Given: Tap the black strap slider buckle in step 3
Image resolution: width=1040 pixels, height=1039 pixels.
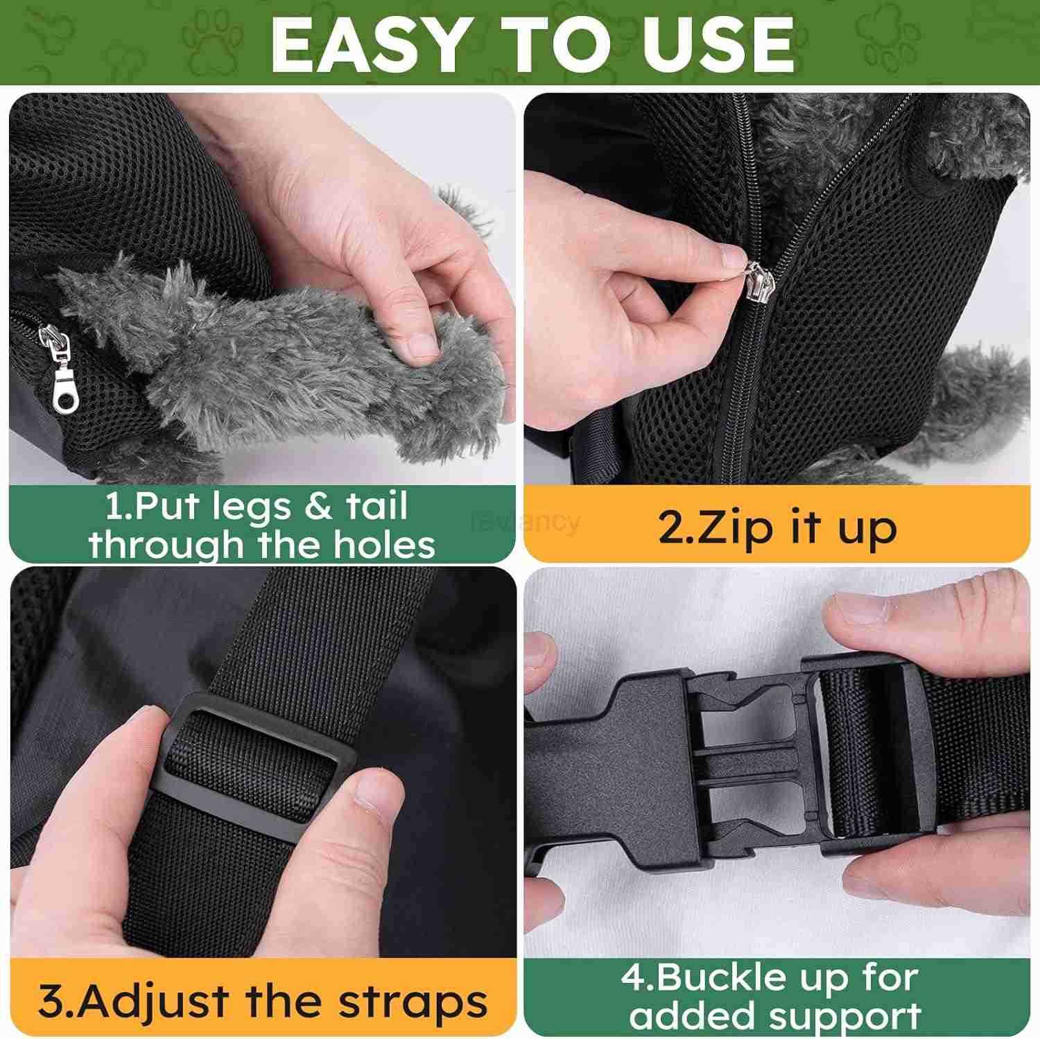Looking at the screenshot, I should coord(257,756).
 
